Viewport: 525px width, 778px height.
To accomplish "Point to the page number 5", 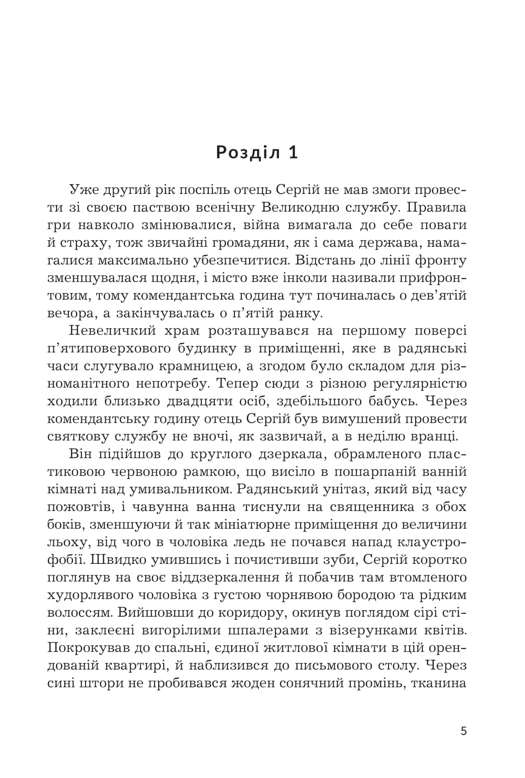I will point(463,731).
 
